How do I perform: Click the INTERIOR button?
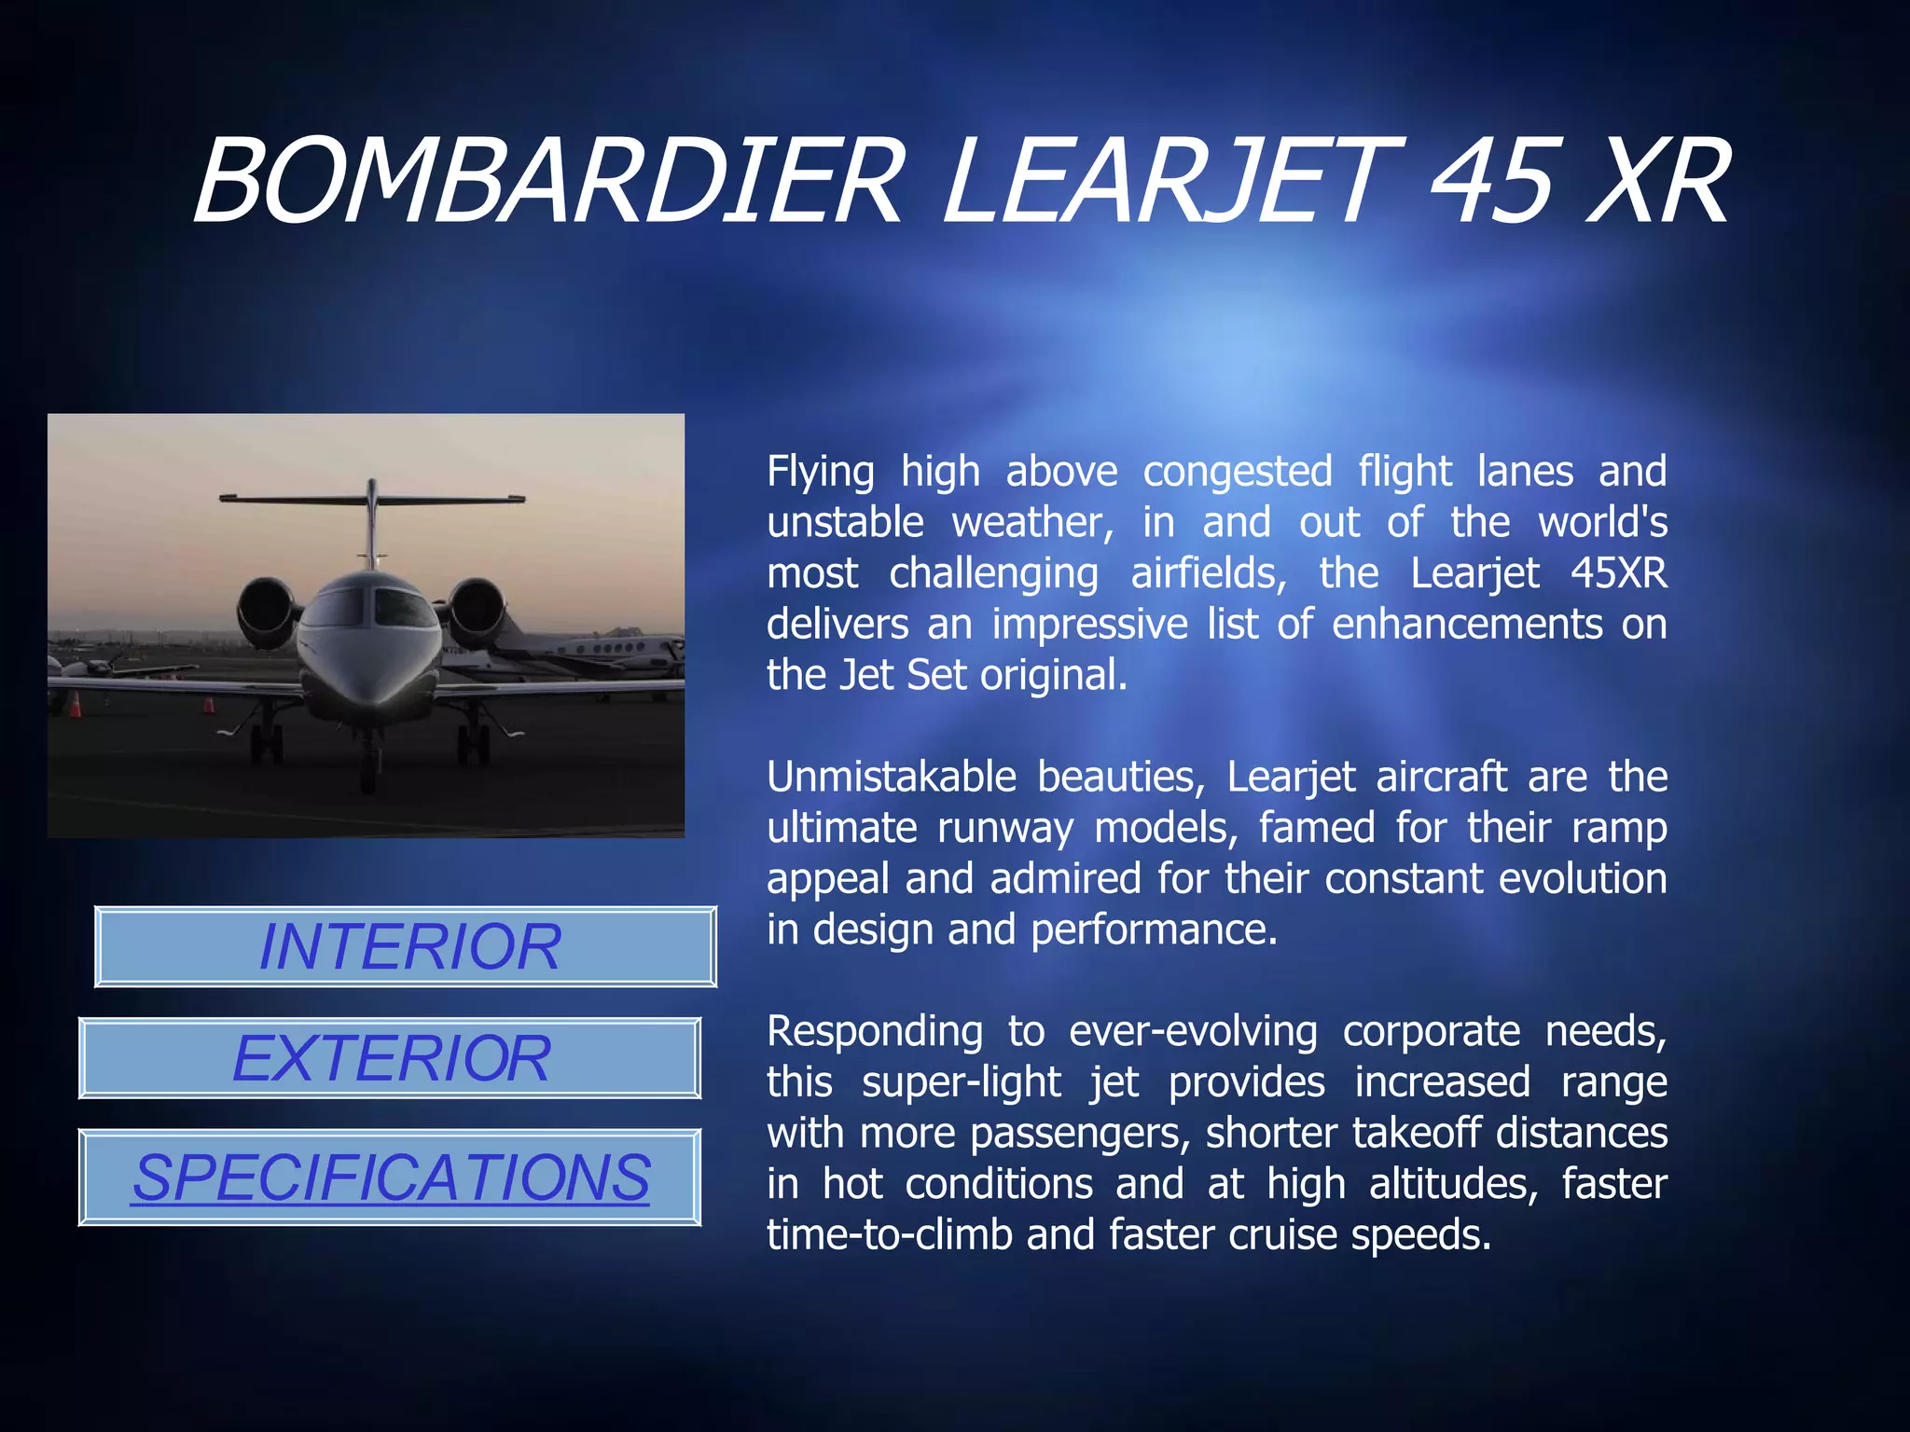(x=407, y=946)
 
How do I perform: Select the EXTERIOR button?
(x=390, y=1058)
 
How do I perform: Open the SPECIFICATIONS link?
(x=390, y=1177)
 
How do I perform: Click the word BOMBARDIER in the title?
(x=548, y=181)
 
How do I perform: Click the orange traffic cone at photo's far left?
(x=76, y=705)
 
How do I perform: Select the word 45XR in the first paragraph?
(x=1618, y=572)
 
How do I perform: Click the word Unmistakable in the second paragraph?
(x=891, y=777)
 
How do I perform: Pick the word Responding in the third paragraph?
(x=874, y=1031)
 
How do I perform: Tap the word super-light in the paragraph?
(x=961, y=1082)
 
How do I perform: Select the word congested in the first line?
(x=1237, y=472)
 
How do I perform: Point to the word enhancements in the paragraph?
(x=1466, y=624)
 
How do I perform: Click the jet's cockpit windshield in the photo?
(x=371, y=606)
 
